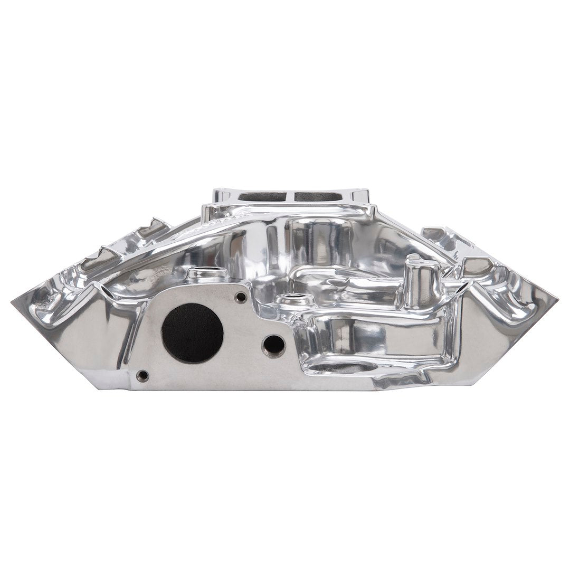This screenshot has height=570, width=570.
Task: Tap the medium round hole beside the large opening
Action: (274, 346)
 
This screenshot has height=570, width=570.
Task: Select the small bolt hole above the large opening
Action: (240, 298)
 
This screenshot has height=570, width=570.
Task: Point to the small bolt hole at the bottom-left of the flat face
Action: (142, 376)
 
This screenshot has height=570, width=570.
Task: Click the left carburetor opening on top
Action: (262, 196)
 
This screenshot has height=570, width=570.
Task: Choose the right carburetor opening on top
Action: (315, 196)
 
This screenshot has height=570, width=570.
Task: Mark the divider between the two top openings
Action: (289, 196)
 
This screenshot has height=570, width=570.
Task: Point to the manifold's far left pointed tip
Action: (13, 301)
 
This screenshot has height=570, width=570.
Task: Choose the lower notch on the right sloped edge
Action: (478, 264)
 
